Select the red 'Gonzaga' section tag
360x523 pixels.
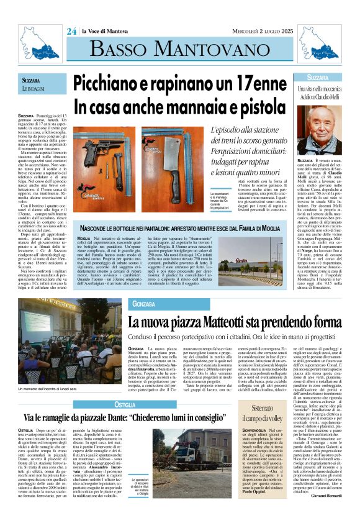(x=143, y=304)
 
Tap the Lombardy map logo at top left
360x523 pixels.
(x=35, y=37)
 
